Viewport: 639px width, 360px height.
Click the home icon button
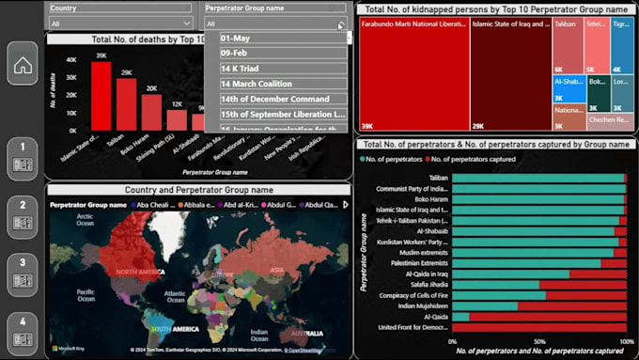(x=23, y=65)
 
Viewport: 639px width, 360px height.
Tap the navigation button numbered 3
(x=23, y=276)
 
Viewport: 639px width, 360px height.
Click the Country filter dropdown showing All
(x=120, y=23)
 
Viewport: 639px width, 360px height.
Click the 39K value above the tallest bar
(x=101, y=55)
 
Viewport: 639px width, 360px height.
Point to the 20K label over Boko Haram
(x=151, y=88)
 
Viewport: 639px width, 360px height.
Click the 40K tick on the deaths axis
(x=70, y=58)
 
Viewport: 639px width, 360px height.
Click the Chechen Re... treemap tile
(x=610, y=119)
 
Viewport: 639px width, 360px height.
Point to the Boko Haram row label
(x=426, y=198)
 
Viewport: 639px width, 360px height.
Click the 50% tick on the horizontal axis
(x=539, y=342)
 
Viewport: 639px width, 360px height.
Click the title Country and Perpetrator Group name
(x=198, y=190)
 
